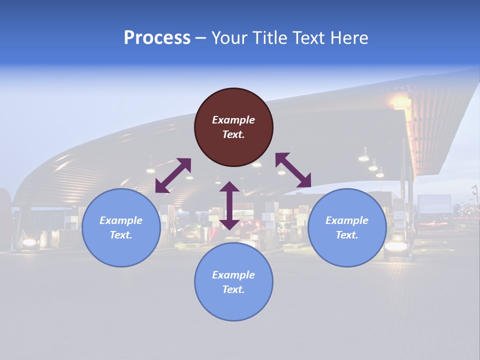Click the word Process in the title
click(157, 38)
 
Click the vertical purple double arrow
click(229, 205)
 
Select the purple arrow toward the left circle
click(173, 175)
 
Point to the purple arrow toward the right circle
click(293, 170)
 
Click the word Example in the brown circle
click(233, 120)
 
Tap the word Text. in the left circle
click(121, 235)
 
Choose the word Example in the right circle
click(347, 220)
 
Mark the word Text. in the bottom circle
click(233, 289)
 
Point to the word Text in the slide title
click(308, 38)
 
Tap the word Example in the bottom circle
click(233, 275)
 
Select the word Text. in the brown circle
click(233, 134)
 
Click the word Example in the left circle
click(121, 220)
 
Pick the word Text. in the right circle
click(347, 235)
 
